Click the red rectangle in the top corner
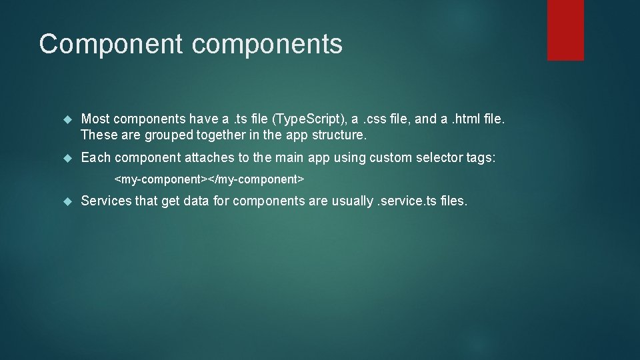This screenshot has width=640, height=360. click(565, 30)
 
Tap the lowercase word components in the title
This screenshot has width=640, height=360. click(267, 44)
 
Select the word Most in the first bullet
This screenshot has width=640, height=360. click(95, 119)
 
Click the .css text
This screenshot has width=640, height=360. click(373, 119)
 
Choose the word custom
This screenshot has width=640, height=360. click(391, 158)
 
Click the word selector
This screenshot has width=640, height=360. click(439, 158)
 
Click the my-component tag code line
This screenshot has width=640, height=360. click(209, 179)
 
